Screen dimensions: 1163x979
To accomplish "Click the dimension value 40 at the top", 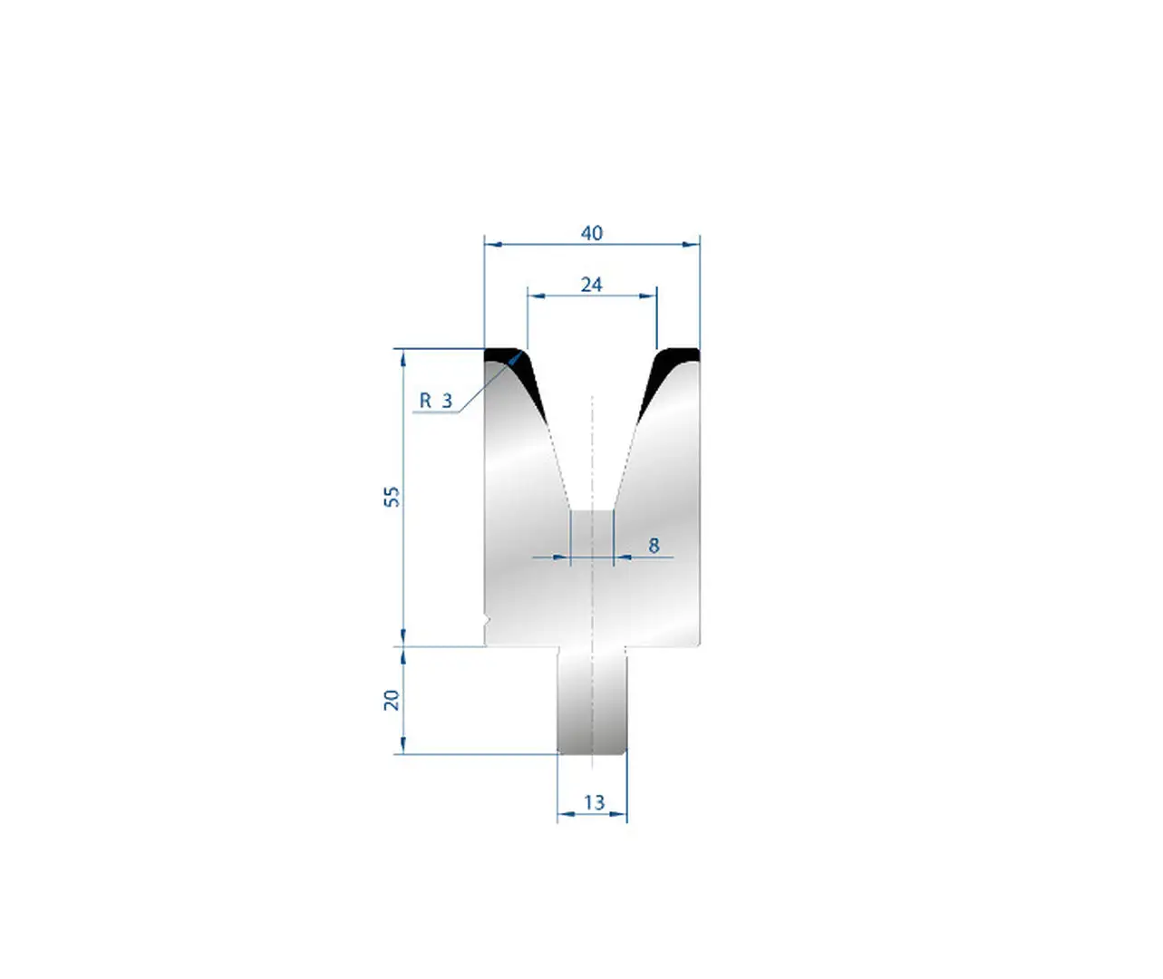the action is [592, 233].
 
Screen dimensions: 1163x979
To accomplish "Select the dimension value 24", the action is [592, 285].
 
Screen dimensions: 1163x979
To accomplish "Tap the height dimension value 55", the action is [393, 497].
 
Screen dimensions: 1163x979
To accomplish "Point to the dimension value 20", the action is [393, 700].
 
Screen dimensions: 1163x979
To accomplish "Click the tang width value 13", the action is [594, 802].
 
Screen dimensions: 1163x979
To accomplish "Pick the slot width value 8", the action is [654, 545].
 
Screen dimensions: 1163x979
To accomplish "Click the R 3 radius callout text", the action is [436, 400].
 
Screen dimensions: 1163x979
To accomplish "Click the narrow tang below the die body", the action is [592, 700].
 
